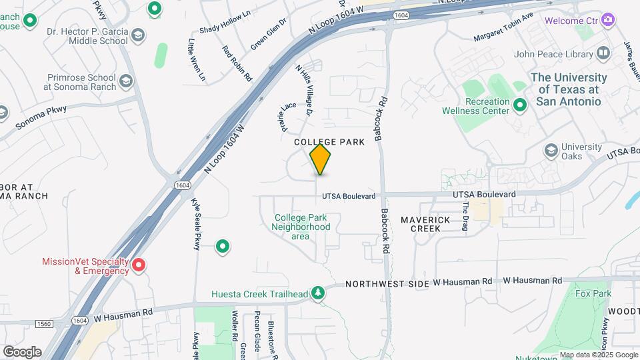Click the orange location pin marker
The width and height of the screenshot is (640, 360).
[321, 159]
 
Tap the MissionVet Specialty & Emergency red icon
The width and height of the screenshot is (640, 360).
[139, 266]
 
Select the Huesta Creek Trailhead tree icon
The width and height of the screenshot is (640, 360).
[319, 293]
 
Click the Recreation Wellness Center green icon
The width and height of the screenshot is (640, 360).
[521, 105]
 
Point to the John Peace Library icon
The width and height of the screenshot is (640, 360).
[603, 53]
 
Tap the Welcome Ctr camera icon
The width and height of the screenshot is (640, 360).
[607, 20]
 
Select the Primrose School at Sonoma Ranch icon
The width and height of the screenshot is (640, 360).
[126, 82]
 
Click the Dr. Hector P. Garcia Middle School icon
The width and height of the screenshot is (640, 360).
[137, 35]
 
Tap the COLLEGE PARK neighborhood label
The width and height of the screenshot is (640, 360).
[330, 142]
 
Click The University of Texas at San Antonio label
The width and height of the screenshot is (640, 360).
[569, 89]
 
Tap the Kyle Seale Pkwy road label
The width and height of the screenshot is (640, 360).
[196, 224]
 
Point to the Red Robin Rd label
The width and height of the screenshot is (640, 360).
[237, 63]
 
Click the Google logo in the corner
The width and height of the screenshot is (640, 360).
[22, 351]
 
